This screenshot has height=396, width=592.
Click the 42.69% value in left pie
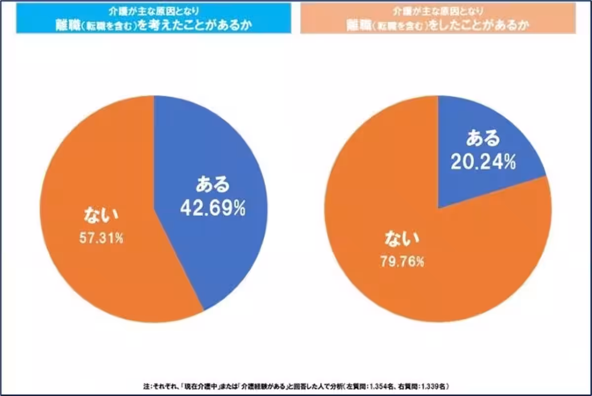(213, 208)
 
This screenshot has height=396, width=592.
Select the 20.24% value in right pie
(483, 162)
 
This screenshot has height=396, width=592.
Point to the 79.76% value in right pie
(402, 262)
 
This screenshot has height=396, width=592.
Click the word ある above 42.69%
(213, 186)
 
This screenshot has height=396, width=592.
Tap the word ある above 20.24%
(483, 139)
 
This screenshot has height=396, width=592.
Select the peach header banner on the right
(438, 18)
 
